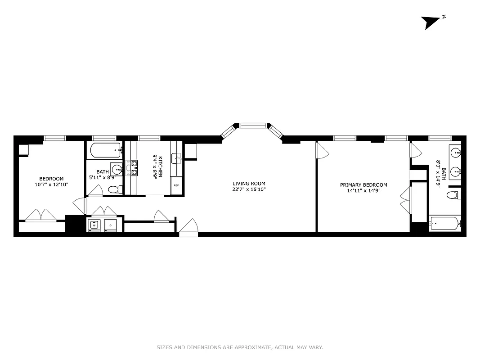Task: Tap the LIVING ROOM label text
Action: pyautogui.click(x=249, y=184)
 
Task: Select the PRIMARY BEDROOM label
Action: pyautogui.click(x=363, y=185)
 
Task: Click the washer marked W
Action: pyautogui.click(x=94, y=225)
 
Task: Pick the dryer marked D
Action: pyautogui.click(x=110, y=225)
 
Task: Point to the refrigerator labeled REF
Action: pyautogui.click(x=176, y=185)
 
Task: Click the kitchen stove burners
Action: pyautogui.click(x=134, y=167)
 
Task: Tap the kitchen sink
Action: pyautogui.click(x=176, y=158)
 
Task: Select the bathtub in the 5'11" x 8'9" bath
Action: pyautogui.click(x=105, y=149)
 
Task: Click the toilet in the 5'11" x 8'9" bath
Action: pyautogui.click(x=114, y=189)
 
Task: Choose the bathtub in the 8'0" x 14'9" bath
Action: pyautogui.click(x=444, y=223)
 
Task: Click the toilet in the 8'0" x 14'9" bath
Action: pyautogui.click(x=452, y=195)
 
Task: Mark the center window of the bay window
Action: pyautogui.click(x=253, y=126)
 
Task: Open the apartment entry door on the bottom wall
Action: pyautogui.click(x=188, y=227)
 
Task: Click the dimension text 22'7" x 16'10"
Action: pyautogui.click(x=249, y=189)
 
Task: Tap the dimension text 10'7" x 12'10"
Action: pyautogui.click(x=51, y=184)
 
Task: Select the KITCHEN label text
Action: pyautogui.click(x=160, y=166)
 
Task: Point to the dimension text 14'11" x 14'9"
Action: pyautogui.click(x=363, y=191)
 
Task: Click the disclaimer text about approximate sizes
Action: pyautogui.click(x=240, y=347)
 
